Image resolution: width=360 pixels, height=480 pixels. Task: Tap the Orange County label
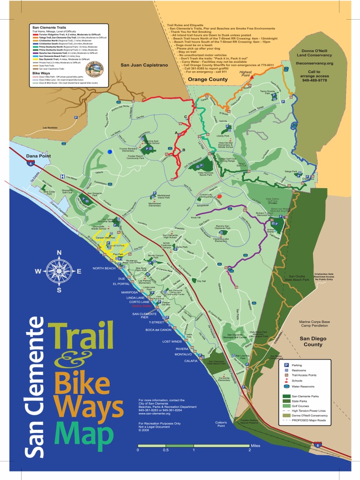coord(208,79)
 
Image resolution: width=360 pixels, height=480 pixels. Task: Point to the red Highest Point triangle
coord(250,75)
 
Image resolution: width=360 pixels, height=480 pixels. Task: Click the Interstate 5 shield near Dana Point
coord(31,163)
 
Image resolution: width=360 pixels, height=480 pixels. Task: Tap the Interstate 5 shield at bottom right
coord(318,444)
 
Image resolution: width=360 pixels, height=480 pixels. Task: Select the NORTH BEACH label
coord(104,268)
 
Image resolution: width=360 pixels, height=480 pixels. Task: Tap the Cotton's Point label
coord(221,424)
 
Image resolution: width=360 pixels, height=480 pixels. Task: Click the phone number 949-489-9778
coord(315,80)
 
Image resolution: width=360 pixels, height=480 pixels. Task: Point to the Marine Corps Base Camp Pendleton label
coord(315,324)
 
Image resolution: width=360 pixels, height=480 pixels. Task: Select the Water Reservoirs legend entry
coord(303,387)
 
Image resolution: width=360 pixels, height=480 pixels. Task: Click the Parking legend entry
coord(297,365)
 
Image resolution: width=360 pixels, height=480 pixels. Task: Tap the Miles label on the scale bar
coord(255,445)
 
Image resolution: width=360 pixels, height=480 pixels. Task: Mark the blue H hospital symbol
coord(62,176)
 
